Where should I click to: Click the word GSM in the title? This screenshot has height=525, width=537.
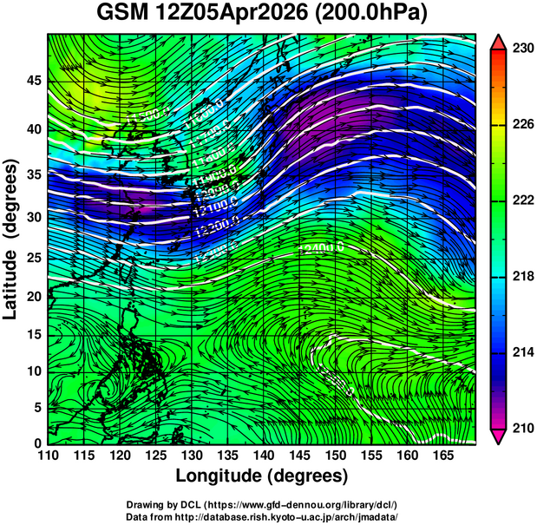pos(123,15)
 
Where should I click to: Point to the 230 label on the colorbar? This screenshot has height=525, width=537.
pos(523,49)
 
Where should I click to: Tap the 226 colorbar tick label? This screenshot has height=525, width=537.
pos(523,125)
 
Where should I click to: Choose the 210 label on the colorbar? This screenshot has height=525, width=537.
pos(523,428)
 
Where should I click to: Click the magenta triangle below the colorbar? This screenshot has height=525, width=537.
pos(499,436)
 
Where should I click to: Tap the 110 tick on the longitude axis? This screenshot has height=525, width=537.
pos(48,455)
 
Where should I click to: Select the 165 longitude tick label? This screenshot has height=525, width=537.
pos(442,455)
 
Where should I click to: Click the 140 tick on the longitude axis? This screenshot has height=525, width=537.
pos(262,455)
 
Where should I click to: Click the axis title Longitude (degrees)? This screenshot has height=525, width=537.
pos(262,476)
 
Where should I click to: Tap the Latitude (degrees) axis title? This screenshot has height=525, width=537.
pos(12,239)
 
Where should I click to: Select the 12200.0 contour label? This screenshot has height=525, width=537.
pos(213,230)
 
